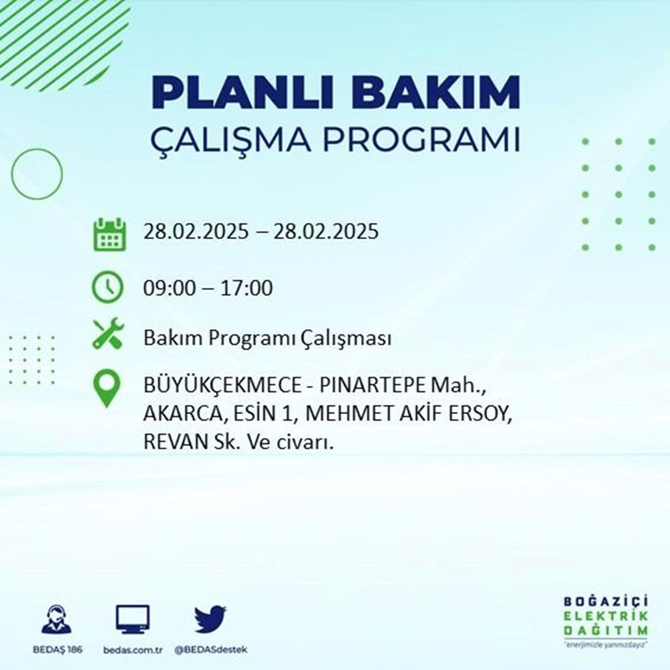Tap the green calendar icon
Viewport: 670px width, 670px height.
coord(108,233)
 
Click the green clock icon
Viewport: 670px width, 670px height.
coord(108,287)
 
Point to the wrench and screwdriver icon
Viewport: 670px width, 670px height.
coord(108,333)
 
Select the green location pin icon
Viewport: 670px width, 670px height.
coord(107,389)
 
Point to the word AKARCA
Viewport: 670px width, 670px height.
coord(174,415)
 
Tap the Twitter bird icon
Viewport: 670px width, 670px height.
coord(210,620)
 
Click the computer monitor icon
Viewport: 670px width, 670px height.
coord(133,620)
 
